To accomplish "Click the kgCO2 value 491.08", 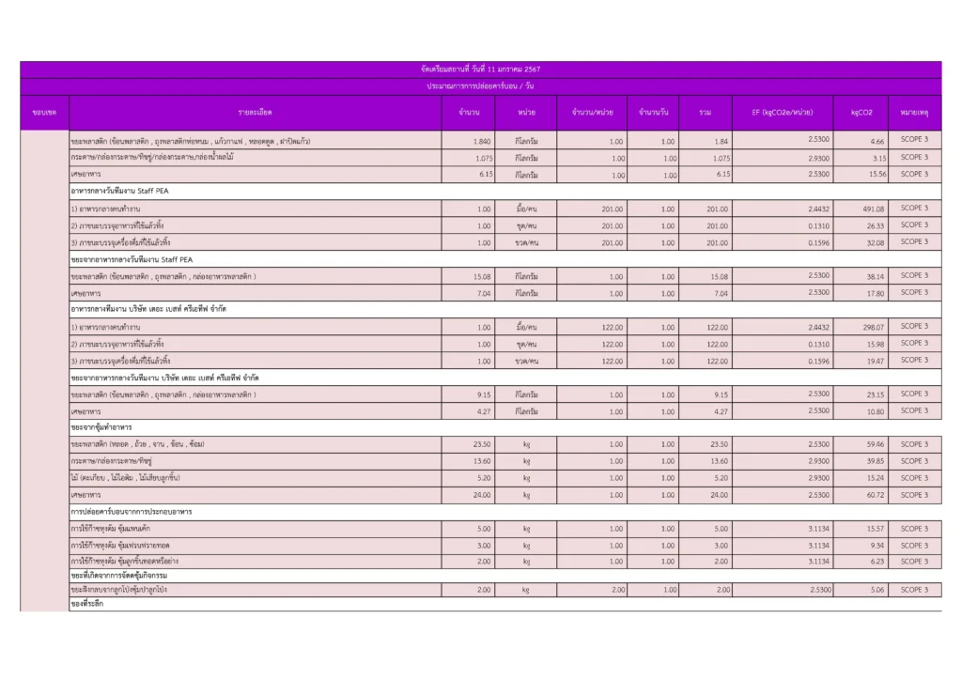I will tap(873, 209).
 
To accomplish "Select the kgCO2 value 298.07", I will tap(873, 327).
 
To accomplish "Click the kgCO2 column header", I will tap(861, 113).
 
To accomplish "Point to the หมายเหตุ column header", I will tap(913, 113).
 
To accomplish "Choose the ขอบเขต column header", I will tap(44, 113).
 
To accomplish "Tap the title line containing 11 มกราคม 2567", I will tap(480, 70).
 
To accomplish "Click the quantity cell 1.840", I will tap(482, 141).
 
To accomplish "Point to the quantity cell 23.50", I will tap(482, 444).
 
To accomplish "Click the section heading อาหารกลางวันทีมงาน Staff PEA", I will tap(125, 191).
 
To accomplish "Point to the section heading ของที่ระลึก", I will tap(86, 605).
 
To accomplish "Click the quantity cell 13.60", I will tap(482, 461).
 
